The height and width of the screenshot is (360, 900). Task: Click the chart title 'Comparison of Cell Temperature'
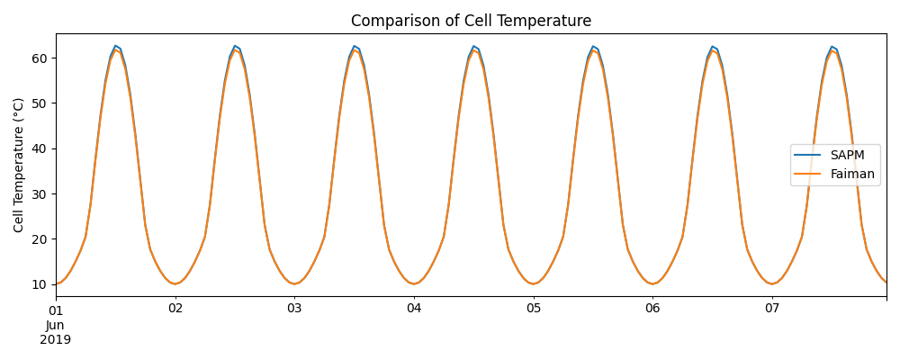471,21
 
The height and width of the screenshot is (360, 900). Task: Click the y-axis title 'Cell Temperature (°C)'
20,165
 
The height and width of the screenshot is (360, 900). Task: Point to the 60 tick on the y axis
40,58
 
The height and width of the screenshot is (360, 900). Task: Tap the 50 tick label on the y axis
40,103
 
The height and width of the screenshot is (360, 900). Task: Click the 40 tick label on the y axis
40,148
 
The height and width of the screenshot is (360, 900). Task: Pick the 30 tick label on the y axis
40,194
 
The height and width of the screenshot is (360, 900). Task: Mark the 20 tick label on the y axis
40,239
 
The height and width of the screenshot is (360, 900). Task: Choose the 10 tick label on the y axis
40,284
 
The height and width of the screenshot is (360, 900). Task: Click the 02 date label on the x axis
175,309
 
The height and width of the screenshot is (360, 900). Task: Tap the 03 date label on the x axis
294,309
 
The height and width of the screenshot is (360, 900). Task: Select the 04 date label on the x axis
414,309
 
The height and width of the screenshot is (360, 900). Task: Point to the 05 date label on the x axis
534,309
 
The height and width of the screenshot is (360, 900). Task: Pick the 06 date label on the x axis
652,309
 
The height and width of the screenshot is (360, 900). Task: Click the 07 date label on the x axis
772,309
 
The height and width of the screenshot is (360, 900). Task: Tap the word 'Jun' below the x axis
55,325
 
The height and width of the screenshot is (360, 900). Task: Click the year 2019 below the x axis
56,340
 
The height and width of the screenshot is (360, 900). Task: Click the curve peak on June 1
115,47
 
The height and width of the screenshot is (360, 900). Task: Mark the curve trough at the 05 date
534,283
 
